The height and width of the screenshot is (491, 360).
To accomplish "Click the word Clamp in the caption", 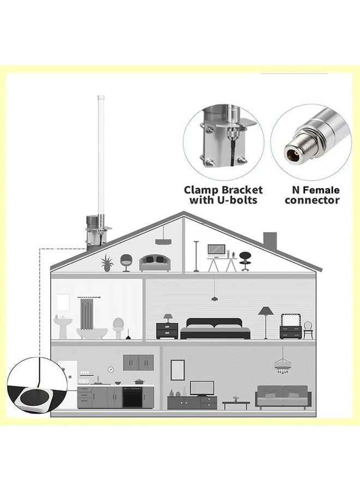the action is tap(201, 190).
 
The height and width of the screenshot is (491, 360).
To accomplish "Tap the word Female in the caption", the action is tap(321, 190).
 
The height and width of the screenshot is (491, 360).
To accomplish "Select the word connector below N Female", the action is tap(312, 200).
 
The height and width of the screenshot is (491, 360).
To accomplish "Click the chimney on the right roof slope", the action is tap(270, 241).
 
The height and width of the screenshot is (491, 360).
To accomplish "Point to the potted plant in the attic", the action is tap(107, 262).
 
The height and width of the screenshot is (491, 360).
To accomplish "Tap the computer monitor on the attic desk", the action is tap(217, 250).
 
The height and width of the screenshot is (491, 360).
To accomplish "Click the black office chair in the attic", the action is tap(245, 261).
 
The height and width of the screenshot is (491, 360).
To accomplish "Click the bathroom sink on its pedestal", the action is tap(63, 328).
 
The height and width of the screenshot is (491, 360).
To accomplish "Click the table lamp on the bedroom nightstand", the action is tap(168, 318).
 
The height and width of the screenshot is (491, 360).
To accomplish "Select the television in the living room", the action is tap(202, 388).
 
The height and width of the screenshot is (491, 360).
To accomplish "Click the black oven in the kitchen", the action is tap(132, 397).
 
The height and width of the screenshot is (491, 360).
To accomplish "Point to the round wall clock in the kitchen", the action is tap(111, 369).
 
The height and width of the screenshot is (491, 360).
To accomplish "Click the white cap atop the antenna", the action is tap(101, 97).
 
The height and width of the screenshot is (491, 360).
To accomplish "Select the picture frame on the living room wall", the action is tap(177, 370).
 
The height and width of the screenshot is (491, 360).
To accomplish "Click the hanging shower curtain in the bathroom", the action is tap(87, 314).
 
